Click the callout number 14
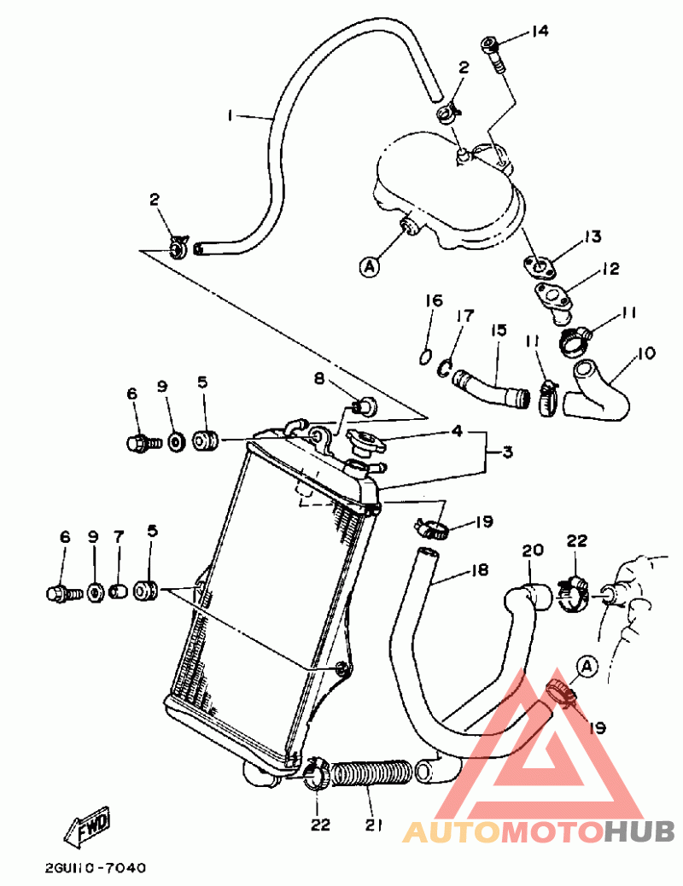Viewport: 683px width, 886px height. pyautogui.click(x=539, y=32)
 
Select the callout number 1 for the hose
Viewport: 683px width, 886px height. pyautogui.click(x=230, y=114)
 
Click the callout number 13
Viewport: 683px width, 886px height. pyautogui.click(x=593, y=236)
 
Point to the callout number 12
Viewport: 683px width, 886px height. pyautogui.click(x=610, y=270)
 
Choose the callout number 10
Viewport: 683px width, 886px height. pyautogui.click(x=645, y=353)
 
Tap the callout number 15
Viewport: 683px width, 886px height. pyautogui.click(x=499, y=329)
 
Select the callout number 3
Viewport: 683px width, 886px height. pyautogui.click(x=507, y=452)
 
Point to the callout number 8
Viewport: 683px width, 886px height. pyautogui.click(x=320, y=379)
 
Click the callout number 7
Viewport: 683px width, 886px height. pyautogui.click(x=119, y=536)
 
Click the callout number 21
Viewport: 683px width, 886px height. pyautogui.click(x=372, y=825)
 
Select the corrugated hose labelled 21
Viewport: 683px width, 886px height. pyautogui.click(x=373, y=773)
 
